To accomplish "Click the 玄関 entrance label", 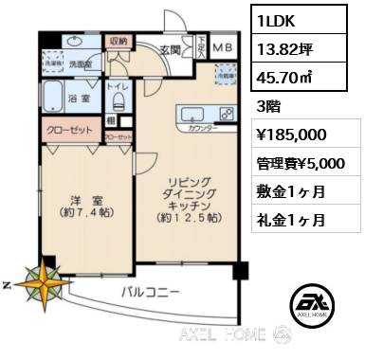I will (x=171, y=51).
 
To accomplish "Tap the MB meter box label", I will (x=221, y=45).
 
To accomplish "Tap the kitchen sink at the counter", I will (x=188, y=114).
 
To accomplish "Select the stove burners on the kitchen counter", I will (x=226, y=113).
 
